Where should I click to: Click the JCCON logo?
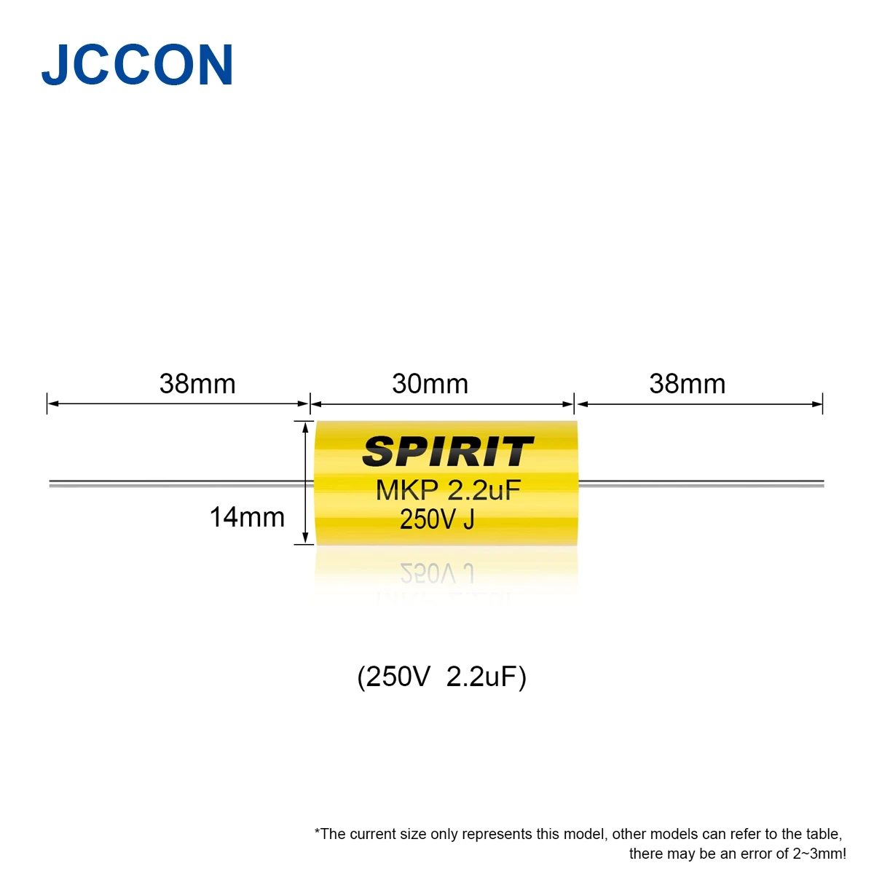click(x=137, y=66)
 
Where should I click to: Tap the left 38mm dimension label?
click(x=197, y=384)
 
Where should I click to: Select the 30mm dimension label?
click(x=430, y=384)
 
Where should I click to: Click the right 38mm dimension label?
click(x=687, y=384)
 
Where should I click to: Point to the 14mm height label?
click(x=247, y=517)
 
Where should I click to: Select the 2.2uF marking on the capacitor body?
click(x=484, y=490)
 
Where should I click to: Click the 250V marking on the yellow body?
click(x=428, y=519)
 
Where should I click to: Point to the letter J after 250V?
click(x=468, y=519)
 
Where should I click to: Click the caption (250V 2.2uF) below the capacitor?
click(x=441, y=677)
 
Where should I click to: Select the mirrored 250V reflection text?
click(x=429, y=575)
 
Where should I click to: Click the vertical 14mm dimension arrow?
click(x=304, y=482)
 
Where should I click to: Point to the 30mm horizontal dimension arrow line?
click(x=442, y=403)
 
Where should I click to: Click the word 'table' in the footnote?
click(x=823, y=834)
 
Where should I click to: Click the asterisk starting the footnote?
click(x=318, y=832)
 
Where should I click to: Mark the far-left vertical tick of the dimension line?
click(x=47, y=403)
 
